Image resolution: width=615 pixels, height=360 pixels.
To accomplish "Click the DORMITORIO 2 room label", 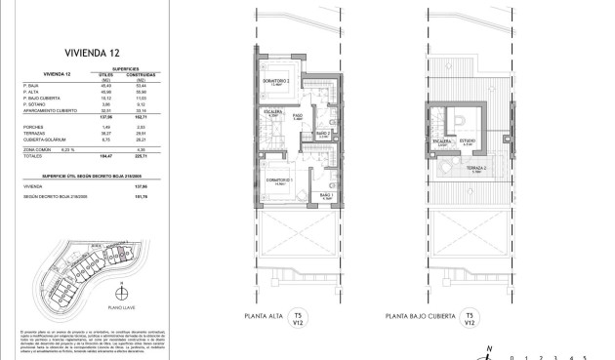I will (280, 80).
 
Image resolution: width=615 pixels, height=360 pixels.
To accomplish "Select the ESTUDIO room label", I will (468, 141).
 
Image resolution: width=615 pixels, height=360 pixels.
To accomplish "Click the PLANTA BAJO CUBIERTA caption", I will (423, 317).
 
